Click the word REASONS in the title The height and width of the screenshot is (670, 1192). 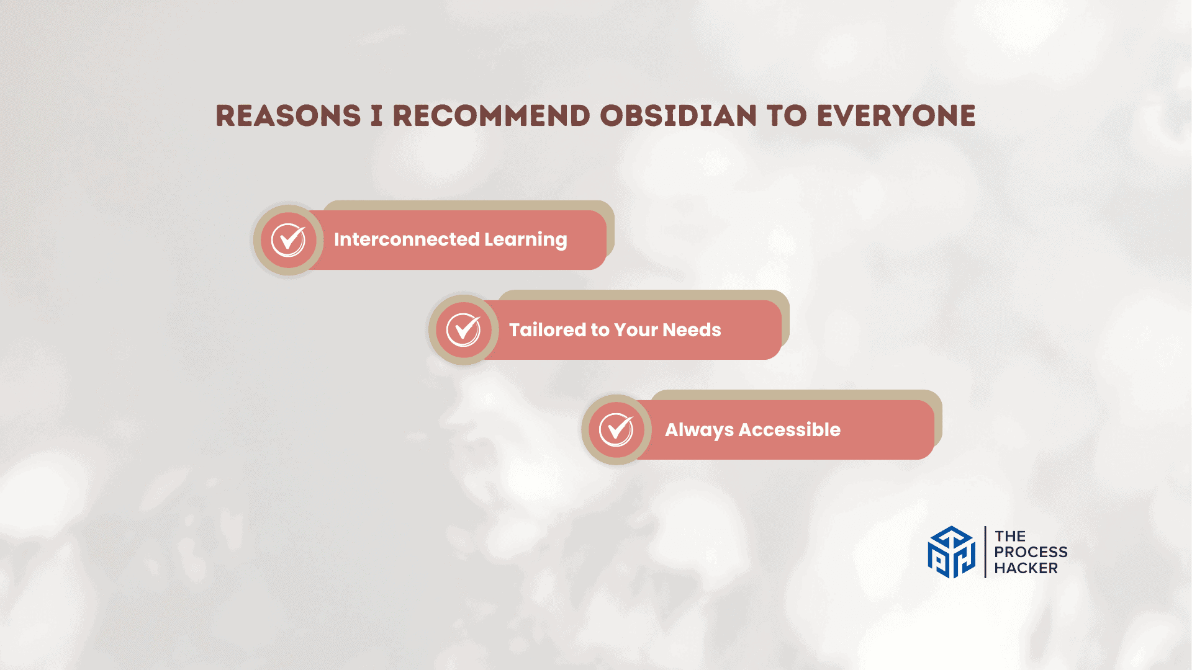(x=288, y=116)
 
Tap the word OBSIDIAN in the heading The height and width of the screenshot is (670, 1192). (x=679, y=116)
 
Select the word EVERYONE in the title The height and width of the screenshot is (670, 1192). (x=896, y=116)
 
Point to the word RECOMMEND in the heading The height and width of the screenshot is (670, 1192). (x=491, y=116)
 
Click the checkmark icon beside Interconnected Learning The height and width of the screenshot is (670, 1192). (x=289, y=240)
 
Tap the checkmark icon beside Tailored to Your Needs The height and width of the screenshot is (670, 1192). (x=464, y=330)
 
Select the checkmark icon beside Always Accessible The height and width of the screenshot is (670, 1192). (x=616, y=430)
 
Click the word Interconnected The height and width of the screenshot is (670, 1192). (x=407, y=239)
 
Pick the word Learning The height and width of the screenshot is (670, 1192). (x=526, y=240)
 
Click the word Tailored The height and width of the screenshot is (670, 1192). (x=548, y=329)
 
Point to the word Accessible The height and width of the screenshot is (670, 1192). (x=790, y=429)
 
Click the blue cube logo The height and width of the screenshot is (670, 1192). (x=952, y=552)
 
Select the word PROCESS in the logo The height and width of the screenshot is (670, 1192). (x=1031, y=552)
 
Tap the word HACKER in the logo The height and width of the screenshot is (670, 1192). (x=1026, y=568)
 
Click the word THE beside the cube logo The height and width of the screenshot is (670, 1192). (x=1010, y=536)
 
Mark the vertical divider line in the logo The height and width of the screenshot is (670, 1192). (x=985, y=552)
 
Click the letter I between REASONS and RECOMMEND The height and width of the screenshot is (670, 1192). (x=377, y=116)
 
